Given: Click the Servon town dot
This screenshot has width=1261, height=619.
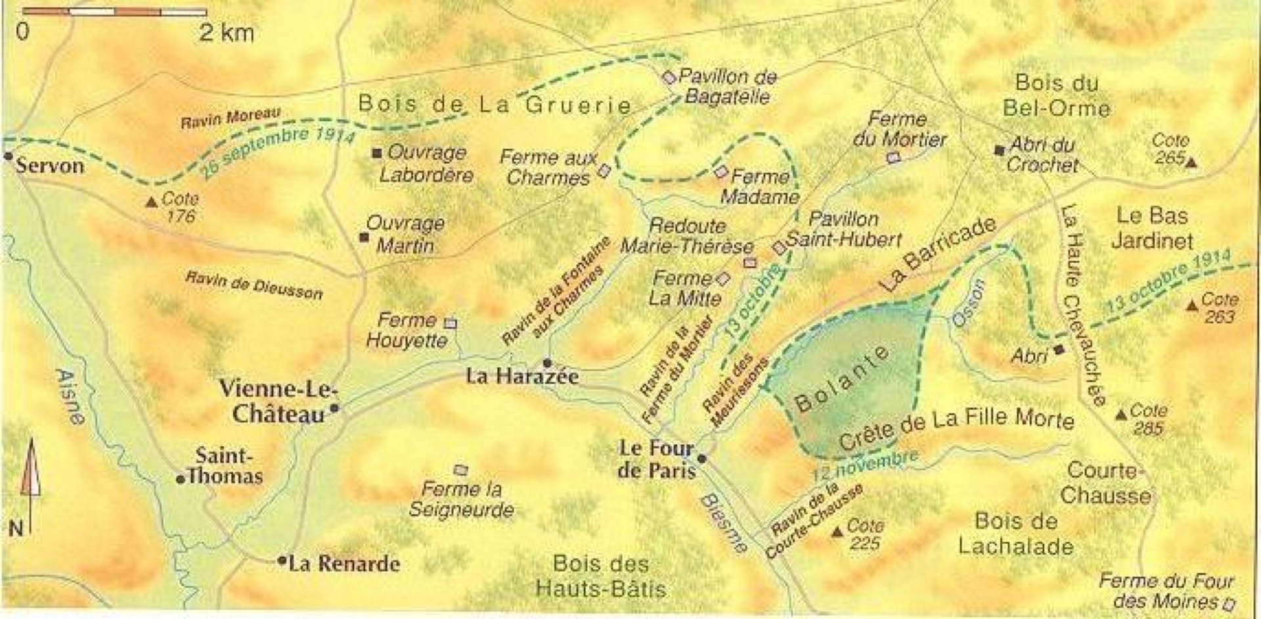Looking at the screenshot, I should (x=8, y=156).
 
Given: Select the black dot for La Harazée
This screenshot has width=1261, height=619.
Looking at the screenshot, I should (x=546, y=362).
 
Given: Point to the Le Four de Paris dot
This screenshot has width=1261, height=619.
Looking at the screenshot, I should (x=701, y=458).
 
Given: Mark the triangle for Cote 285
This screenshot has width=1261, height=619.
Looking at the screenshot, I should (x=1122, y=415).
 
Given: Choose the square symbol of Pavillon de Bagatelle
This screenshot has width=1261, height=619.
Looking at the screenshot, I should (x=669, y=78).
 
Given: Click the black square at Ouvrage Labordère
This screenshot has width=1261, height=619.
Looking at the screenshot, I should (x=377, y=153).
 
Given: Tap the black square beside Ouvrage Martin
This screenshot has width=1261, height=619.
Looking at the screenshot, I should (x=364, y=237).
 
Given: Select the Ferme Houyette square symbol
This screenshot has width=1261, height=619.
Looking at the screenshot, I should (x=451, y=323).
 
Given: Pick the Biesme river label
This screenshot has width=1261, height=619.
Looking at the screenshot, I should (x=722, y=522).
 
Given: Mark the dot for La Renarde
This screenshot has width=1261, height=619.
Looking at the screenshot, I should (x=282, y=561).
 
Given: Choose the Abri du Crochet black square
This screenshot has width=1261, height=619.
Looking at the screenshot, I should (x=999, y=150).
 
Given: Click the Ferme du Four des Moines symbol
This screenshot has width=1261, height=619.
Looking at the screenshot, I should (x=1229, y=603).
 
